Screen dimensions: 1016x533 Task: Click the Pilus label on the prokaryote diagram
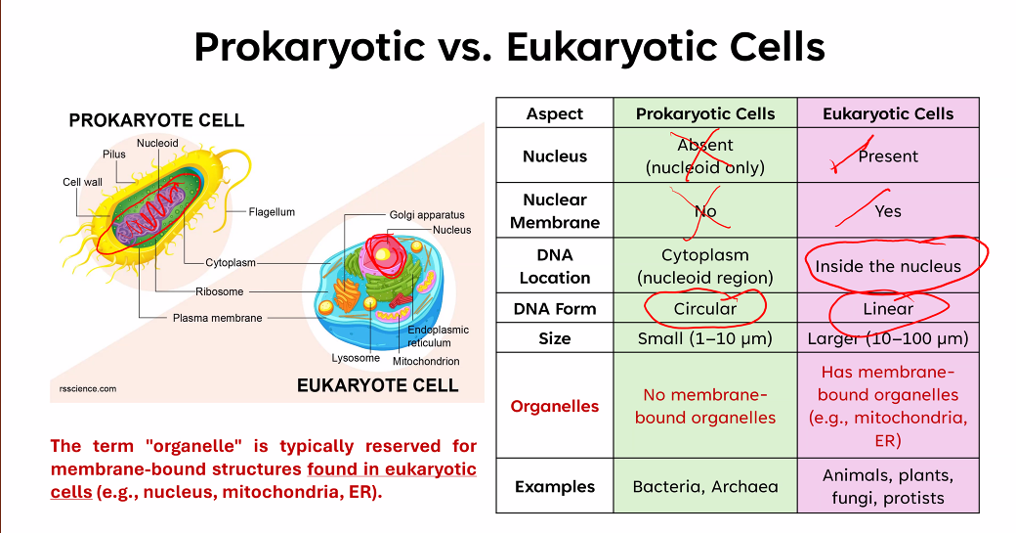(x=114, y=155)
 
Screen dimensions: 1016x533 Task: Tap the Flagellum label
(x=272, y=212)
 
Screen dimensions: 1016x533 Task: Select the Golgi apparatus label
(x=427, y=214)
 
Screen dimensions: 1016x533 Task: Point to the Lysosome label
(x=356, y=358)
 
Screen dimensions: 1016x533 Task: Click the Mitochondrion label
(x=426, y=361)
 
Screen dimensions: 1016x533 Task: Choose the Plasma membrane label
(x=217, y=318)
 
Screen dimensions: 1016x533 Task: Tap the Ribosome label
(x=220, y=291)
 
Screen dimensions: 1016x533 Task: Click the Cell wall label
(x=82, y=182)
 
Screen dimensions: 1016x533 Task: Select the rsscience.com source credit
(x=88, y=389)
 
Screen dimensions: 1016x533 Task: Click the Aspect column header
(x=555, y=113)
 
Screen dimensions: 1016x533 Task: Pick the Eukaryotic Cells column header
(x=888, y=113)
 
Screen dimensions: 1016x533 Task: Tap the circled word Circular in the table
(x=705, y=309)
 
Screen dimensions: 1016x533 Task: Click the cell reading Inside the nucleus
(x=888, y=266)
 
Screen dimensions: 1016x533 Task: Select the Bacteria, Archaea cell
(x=705, y=486)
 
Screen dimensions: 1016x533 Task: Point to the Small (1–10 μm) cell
(x=705, y=338)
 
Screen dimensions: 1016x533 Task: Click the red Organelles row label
(x=555, y=406)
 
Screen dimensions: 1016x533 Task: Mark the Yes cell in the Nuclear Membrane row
(x=888, y=211)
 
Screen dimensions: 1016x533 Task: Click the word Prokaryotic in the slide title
(x=309, y=47)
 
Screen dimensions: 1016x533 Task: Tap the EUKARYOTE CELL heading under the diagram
(x=378, y=385)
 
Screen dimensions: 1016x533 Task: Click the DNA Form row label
(x=555, y=309)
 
